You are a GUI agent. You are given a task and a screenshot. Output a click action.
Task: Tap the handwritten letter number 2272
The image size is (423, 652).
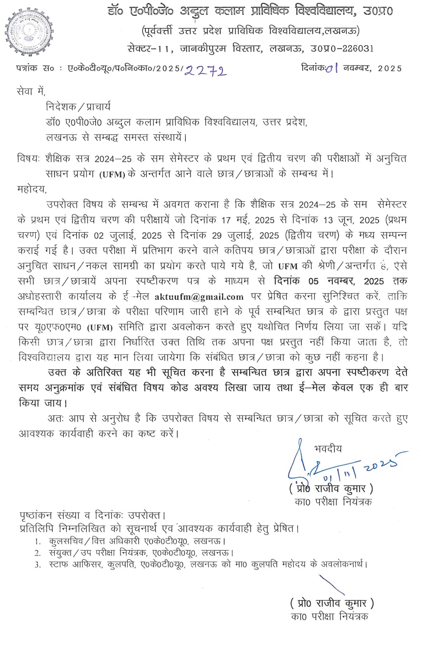coord(205,70)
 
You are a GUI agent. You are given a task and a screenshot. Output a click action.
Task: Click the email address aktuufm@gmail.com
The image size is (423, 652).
coord(199,297)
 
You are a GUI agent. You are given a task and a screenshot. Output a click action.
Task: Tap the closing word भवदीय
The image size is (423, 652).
coord(328,448)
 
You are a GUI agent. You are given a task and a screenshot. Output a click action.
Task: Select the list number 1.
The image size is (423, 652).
coord(37,541)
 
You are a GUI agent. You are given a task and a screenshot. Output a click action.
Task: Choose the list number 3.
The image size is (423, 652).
coord(37,564)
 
